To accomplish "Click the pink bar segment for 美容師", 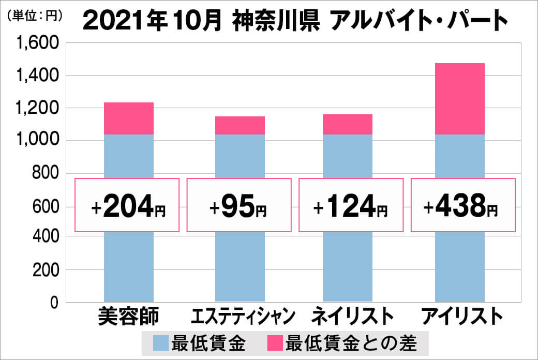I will [x=128, y=118].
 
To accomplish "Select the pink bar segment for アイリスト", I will [x=459, y=98].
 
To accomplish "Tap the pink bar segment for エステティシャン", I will [x=240, y=125].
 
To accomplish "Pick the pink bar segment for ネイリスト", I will [x=347, y=124].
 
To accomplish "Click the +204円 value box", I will [x=127, y=205].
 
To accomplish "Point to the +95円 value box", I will [x=239, y=205].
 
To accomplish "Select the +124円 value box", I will [x=351, y=205].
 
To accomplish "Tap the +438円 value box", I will [x=463, y=205].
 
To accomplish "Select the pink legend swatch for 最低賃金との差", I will [x=276, y=343].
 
